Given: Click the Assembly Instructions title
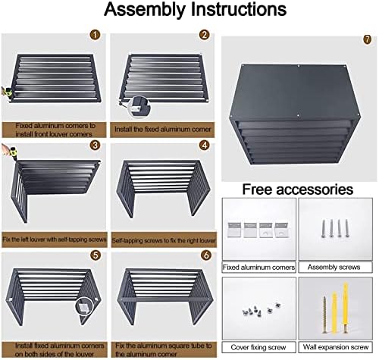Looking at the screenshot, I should [189, 11].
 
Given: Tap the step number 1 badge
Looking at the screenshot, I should [95, 35].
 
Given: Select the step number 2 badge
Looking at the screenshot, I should [204, 35].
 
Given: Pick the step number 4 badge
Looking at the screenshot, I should [204, 145].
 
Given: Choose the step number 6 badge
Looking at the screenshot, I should [204, 255].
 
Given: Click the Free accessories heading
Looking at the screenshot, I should [298, 189].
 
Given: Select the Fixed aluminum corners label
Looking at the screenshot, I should [258, 268].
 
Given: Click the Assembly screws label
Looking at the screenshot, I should [336, 268].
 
